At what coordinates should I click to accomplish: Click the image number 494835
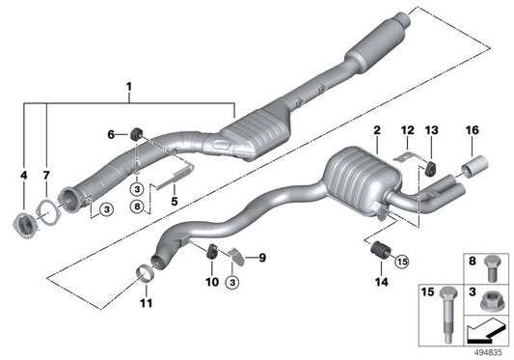(488, 351)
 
